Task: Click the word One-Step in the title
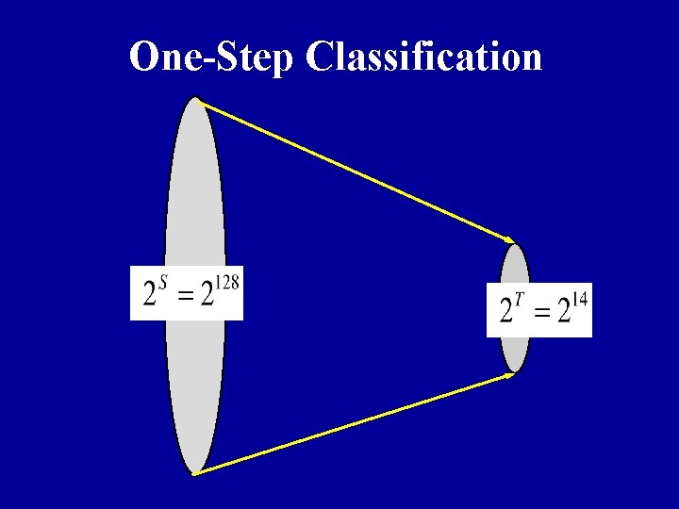pos(212,57)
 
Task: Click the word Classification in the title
pos(424,57)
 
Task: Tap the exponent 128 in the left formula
pos(229,281)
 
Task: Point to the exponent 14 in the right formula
pos(579,300)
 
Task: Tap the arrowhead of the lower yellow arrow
pos(510,374)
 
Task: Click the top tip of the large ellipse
pos(195,97)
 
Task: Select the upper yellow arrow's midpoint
pos(355,170)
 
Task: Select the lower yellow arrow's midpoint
pos(355,423)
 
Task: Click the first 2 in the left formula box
pos(150,296)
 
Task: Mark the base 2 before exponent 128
pos(208,296)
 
